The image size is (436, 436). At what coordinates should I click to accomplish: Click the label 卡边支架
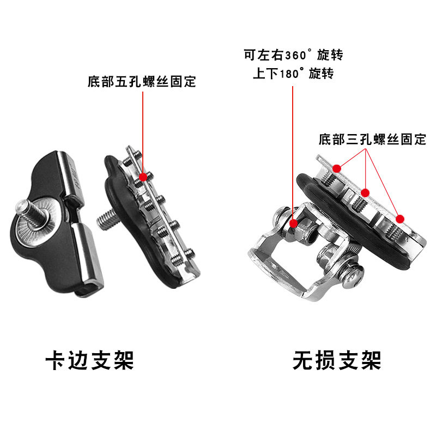(x=89, y=360)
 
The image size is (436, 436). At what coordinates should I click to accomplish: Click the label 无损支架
(x=337, y=360)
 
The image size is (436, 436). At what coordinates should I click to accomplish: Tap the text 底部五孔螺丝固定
(x=142, y=81)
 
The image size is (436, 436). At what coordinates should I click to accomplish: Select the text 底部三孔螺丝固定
(x=372, y=139)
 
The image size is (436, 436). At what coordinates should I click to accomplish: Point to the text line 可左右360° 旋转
(x=293, y=55)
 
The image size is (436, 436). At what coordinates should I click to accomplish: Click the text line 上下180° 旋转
(x=293, y=74)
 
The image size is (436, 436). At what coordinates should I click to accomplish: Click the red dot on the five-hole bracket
(x=143, y=177)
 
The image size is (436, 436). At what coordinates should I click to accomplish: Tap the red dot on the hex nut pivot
(x=293, y=223)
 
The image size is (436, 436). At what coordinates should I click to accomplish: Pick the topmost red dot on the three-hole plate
(x=337, y=168)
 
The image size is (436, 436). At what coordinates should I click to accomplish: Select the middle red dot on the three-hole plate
(x=365, y=193)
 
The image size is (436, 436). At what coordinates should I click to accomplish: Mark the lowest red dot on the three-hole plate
(x=400, y=219)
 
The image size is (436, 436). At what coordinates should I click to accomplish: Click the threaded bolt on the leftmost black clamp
(x=30, y=213)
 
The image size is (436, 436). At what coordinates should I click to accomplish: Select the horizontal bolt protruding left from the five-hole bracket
(x=107, y=219)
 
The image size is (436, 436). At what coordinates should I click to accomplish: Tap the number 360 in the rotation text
(x=295, y=56)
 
